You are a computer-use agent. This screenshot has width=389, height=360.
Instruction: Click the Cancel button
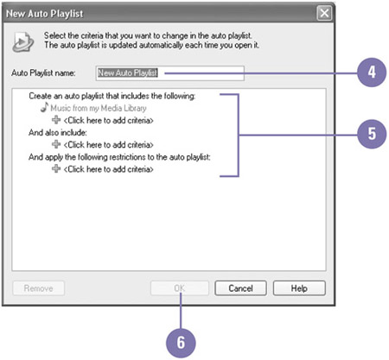pos(240,288)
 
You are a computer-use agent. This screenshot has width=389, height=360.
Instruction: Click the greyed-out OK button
pos(180,288)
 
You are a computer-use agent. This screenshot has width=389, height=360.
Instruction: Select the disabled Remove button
pos(38,288)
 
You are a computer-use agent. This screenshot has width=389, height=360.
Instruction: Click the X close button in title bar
pos(324,13)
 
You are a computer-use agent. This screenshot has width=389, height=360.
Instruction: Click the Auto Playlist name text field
pos(170,73)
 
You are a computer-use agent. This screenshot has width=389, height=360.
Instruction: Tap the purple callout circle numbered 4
pos(372,73)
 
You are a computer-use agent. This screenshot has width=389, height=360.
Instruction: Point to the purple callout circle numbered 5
pos(372,134)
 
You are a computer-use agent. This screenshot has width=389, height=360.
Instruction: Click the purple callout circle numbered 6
pos(181,343)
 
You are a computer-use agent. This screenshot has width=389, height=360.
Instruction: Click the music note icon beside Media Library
pos(44,107)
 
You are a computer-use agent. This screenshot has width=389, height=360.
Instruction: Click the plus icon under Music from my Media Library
pos(56,120)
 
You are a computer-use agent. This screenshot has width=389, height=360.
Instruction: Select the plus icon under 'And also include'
pos(56,144)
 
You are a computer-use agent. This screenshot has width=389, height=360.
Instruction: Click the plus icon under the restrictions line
pos(56,168)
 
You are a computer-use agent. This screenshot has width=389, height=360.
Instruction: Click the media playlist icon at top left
pos(23,42)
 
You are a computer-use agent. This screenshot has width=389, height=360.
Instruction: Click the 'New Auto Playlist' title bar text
pos(45,14)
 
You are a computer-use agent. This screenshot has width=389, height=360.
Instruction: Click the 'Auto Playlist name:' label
pos(43,73)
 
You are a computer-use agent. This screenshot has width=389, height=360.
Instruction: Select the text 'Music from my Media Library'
pos(99,108)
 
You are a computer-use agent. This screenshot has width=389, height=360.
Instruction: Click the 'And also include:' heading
pos(58,133)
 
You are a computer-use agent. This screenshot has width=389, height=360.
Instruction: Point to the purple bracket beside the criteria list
pos(239,135)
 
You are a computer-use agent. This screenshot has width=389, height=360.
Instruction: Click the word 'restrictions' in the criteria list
pos(131,157)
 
